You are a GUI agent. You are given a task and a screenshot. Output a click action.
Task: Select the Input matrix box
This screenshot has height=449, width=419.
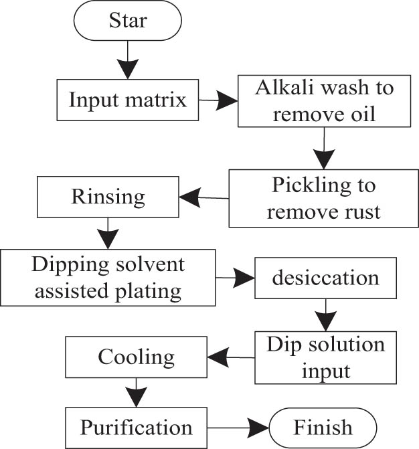pos(127,100)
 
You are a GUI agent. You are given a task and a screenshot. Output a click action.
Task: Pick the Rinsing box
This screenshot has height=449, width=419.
pos(108,197)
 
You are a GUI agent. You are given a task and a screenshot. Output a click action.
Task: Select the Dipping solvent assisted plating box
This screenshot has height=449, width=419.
pos(108,276)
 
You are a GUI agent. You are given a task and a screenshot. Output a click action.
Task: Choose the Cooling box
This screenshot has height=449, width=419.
pos(136,356)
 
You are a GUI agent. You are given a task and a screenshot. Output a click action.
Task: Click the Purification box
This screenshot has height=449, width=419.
pos(136,426)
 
